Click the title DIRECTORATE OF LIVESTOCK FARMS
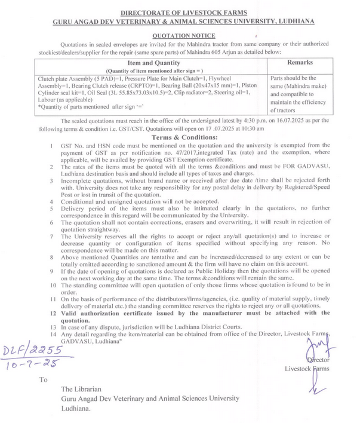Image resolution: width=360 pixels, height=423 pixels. click(179, 12)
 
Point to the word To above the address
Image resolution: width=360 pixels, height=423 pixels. click(42, 379)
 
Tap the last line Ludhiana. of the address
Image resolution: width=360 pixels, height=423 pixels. click(76, 410)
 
